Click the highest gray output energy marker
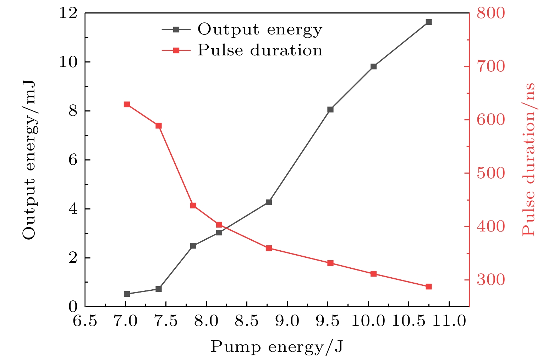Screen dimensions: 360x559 tap(428, 22)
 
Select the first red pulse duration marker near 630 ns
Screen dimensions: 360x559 tap(127, 104)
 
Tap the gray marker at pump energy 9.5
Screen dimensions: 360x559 tap(330, 109)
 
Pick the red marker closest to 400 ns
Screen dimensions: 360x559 tap(219, 224)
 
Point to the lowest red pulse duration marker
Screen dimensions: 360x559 tap(428, 287)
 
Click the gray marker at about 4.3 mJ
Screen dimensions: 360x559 tap(269, 202)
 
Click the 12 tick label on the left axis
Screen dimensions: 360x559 tap(68, 13)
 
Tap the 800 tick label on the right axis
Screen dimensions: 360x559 tap(490, 13)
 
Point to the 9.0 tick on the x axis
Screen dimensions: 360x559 tap(287, 321)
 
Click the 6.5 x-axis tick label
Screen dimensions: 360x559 tap(85, 321)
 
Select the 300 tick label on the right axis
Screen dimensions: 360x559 tap(490, 280)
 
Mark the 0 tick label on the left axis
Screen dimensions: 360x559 tap(73, 307)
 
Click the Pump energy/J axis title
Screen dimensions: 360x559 tap(277, 347)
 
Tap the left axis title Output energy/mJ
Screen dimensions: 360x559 tap(29, 160)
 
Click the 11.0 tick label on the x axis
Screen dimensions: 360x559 tap(449, 321)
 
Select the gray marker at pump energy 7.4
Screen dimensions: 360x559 tap(159, 289)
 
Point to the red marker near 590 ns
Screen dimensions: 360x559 tap(159, 126)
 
